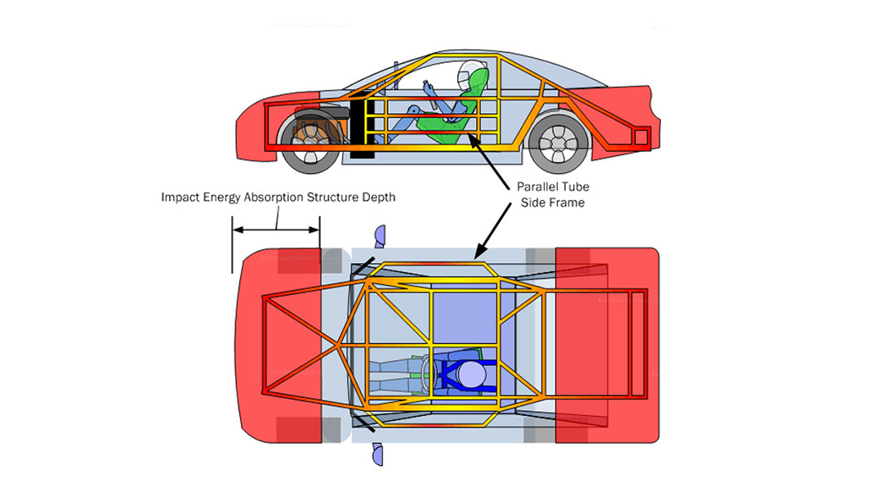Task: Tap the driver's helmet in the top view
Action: click(471, 375)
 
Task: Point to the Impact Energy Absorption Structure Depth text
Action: click(278, 198)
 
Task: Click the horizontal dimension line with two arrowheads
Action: click(275, 230)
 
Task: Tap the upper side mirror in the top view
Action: click(379, 236)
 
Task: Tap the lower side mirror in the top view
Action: click(378, 454)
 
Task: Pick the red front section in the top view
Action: click(282, 343)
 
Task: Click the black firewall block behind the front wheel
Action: click(360, 127)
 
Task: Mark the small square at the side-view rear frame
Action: click(642, 135)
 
